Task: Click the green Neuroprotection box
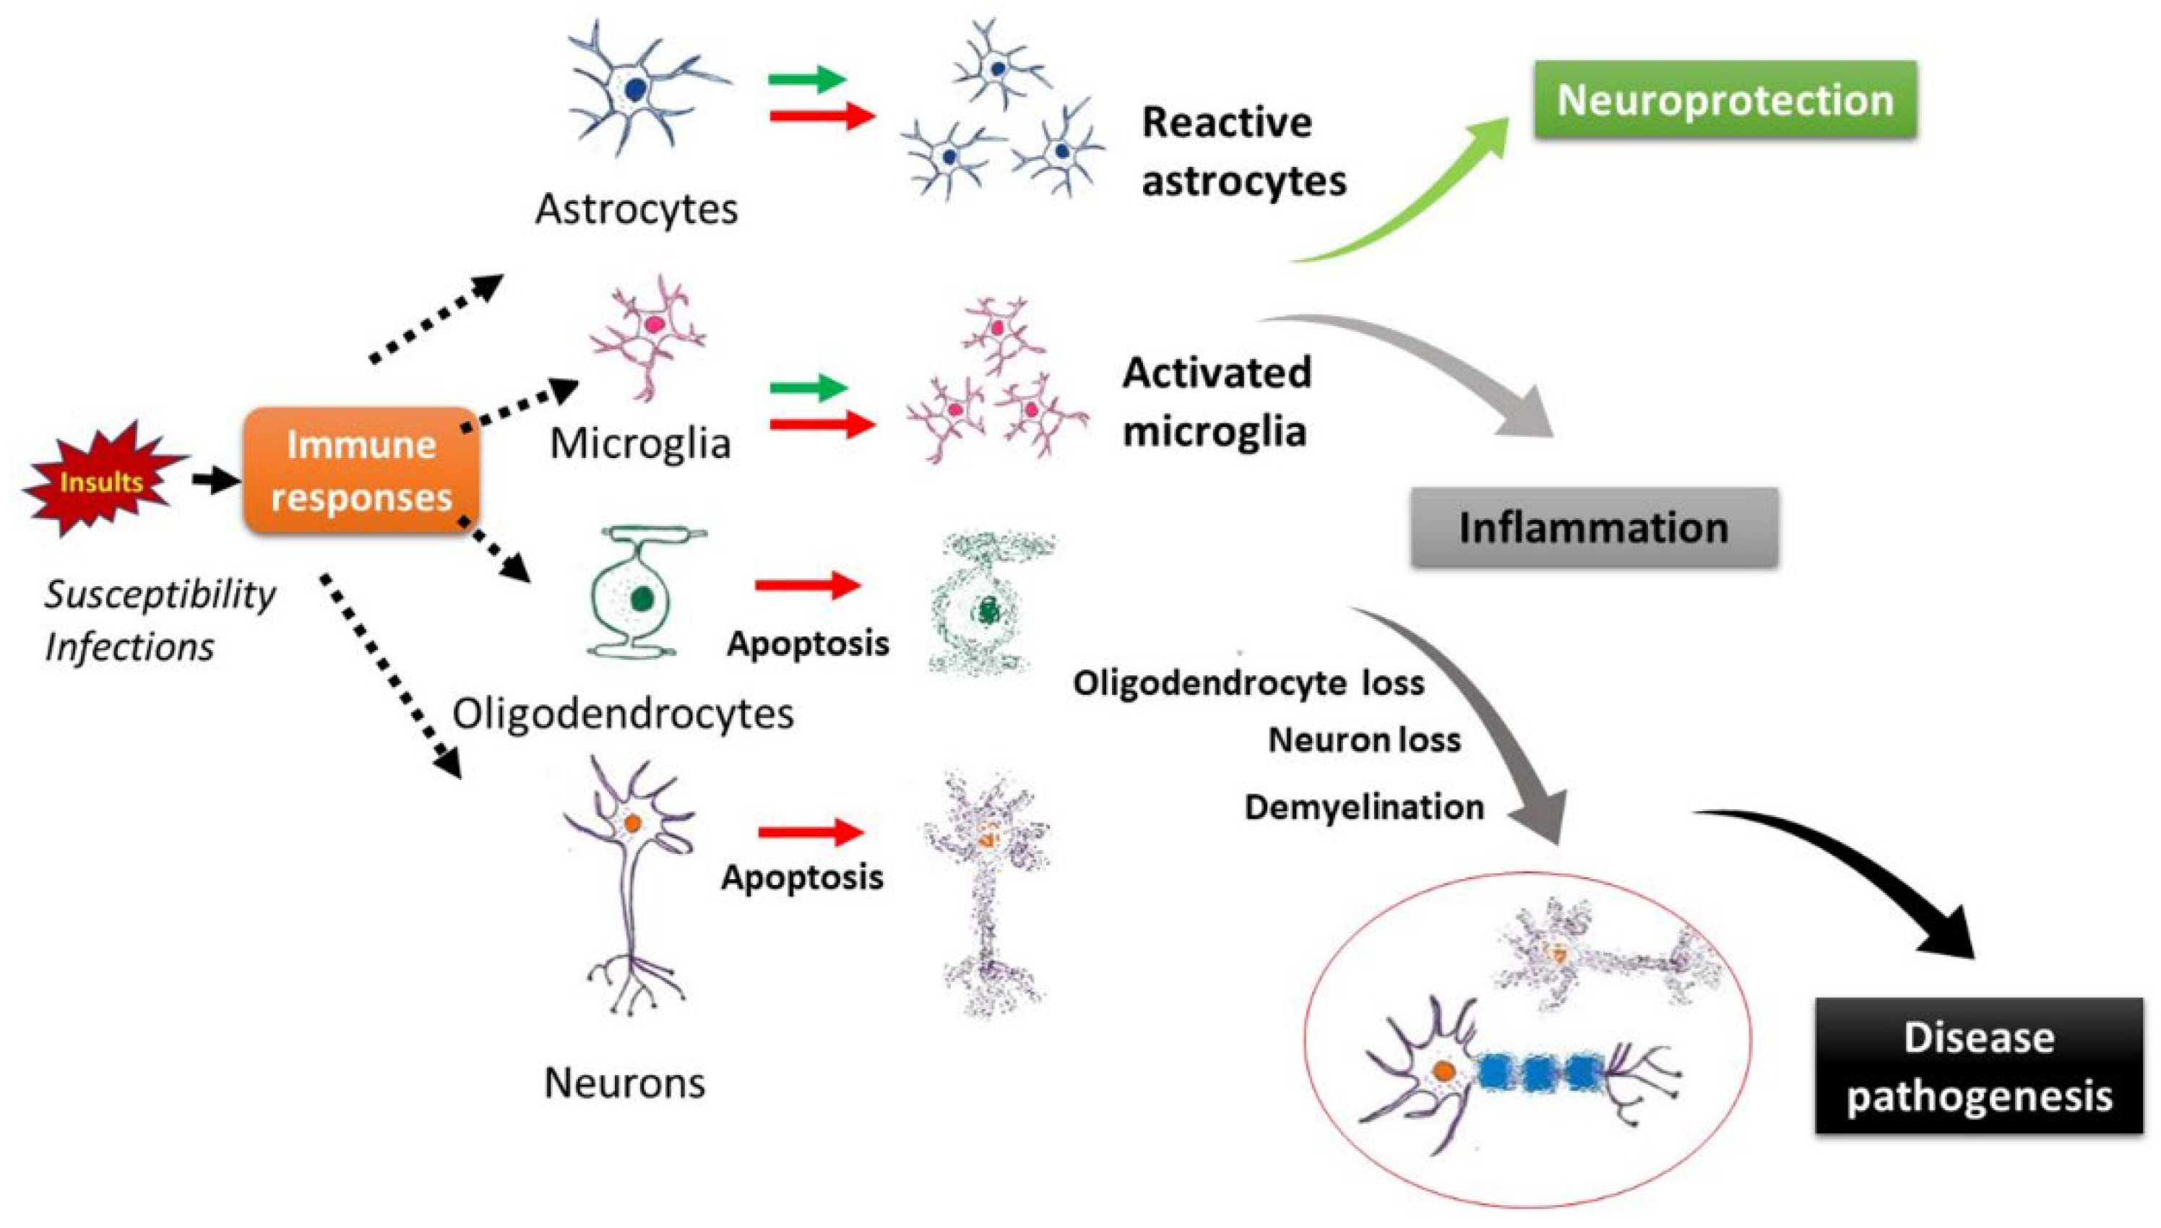coord(1724,100)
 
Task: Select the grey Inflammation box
coord(1593,527)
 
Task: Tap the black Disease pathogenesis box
coord(1978,1065)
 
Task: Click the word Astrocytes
coord(636,208)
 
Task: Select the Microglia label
coord(639,443)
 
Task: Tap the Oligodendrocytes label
coord(623,714)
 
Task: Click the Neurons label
coord(624,1083)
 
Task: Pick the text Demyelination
coord(1364,807)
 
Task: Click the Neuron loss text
coord(1364,740)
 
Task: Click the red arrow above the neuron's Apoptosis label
coord(810,831)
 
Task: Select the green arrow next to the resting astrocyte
coord(806,80)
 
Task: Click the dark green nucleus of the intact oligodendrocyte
coord(642,598)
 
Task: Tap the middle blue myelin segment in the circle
coord(1537,1071)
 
